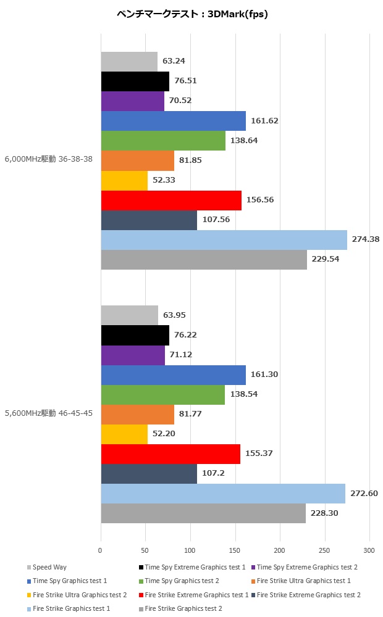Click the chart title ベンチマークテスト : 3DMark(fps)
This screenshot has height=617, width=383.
[192, 14]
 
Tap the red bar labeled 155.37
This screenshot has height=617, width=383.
[170, 453]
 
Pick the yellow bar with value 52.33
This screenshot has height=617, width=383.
[124, 180]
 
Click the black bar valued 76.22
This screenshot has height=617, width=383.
[135, 335]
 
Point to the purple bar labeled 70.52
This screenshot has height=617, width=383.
[132, 101]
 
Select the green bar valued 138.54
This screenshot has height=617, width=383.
[162, 394]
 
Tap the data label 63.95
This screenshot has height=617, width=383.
[174, 315]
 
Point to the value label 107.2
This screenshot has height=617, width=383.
[212, 473]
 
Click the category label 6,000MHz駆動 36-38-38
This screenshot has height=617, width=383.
[49, 159]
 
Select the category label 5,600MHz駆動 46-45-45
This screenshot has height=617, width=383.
[49, 413]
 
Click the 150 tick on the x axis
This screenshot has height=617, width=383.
[235, 550]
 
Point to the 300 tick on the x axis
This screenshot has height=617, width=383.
[369, 550]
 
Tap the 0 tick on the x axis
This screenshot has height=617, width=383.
[101, 550]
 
